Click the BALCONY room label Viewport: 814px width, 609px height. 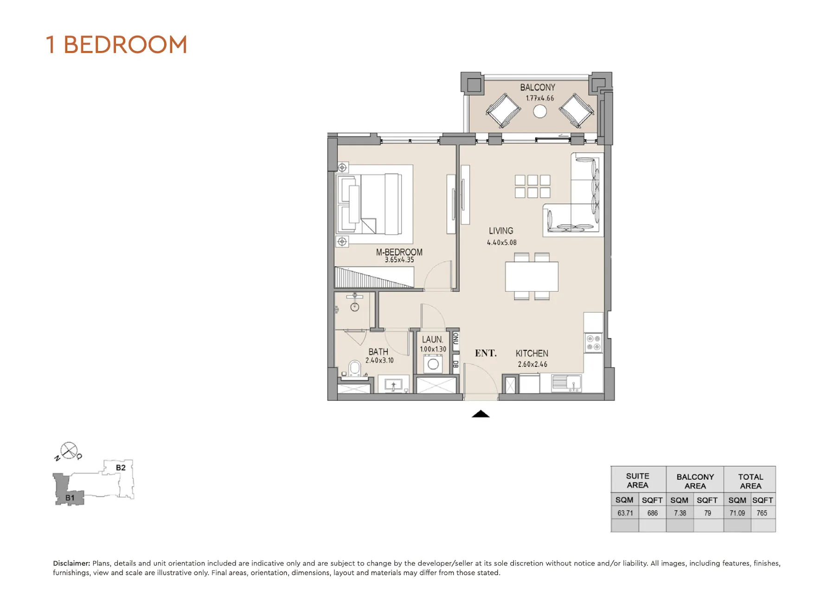pos(537,87)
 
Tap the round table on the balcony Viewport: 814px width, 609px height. pos(539,111)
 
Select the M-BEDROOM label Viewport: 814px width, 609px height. pos(399,252)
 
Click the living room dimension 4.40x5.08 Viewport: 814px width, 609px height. pos(501,242)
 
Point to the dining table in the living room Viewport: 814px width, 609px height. pos(532,276)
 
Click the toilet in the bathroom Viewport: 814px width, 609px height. pos(355,369)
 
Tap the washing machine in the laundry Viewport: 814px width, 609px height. pos(433,364)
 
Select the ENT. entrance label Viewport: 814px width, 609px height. pos(486,353)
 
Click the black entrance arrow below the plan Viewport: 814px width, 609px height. pos(481,414)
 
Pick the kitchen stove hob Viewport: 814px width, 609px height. pos(593,342)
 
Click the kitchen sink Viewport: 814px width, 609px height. pos(566,383)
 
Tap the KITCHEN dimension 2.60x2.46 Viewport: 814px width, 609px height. pos(532,364)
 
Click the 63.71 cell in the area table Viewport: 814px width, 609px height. pos(625,513)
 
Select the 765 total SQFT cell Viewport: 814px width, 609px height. pos(762,513)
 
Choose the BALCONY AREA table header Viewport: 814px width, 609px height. pos(695,481)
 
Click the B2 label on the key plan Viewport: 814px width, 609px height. pos(121,468)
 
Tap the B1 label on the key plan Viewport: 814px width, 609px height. pos(70,498)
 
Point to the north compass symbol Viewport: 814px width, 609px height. pos(69,450)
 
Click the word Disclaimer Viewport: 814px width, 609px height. pos(71,563)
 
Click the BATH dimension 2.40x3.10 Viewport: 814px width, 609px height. pos(379,360)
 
